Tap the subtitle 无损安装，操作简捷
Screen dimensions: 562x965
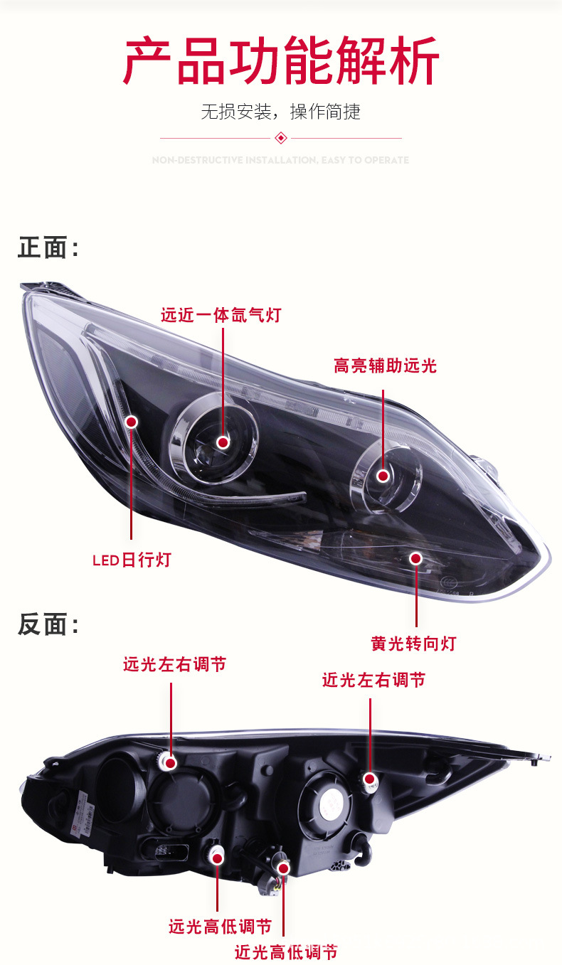click(x=281, y=112)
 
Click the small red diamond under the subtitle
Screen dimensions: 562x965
click(x=281, y=137)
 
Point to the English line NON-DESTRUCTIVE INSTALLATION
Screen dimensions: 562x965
click(x=281, y=160)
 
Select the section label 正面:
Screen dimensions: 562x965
click(x=48, y=248)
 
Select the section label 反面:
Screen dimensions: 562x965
click(x=48, y=624)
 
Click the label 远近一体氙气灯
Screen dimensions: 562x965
click(x=221, y=314)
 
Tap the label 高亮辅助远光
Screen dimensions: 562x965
click(x=385, y=366)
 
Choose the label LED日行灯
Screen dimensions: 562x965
click(x=132, y=560)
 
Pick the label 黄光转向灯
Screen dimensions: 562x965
click(x=413, y=644)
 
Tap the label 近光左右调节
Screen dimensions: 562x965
click(x=373, y=680)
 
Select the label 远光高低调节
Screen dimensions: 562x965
click(x=220, y=927)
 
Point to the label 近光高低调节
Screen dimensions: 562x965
click(x=286, y=952)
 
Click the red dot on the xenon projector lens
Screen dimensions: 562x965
click(x=223, y=442)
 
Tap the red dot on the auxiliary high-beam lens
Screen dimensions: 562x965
click(x=383, y=476)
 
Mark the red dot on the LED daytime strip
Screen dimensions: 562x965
click(x=132, y=422)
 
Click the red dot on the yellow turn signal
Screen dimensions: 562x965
click(x=416, y=558)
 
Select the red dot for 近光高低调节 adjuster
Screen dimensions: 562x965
click(x=283, y=868)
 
